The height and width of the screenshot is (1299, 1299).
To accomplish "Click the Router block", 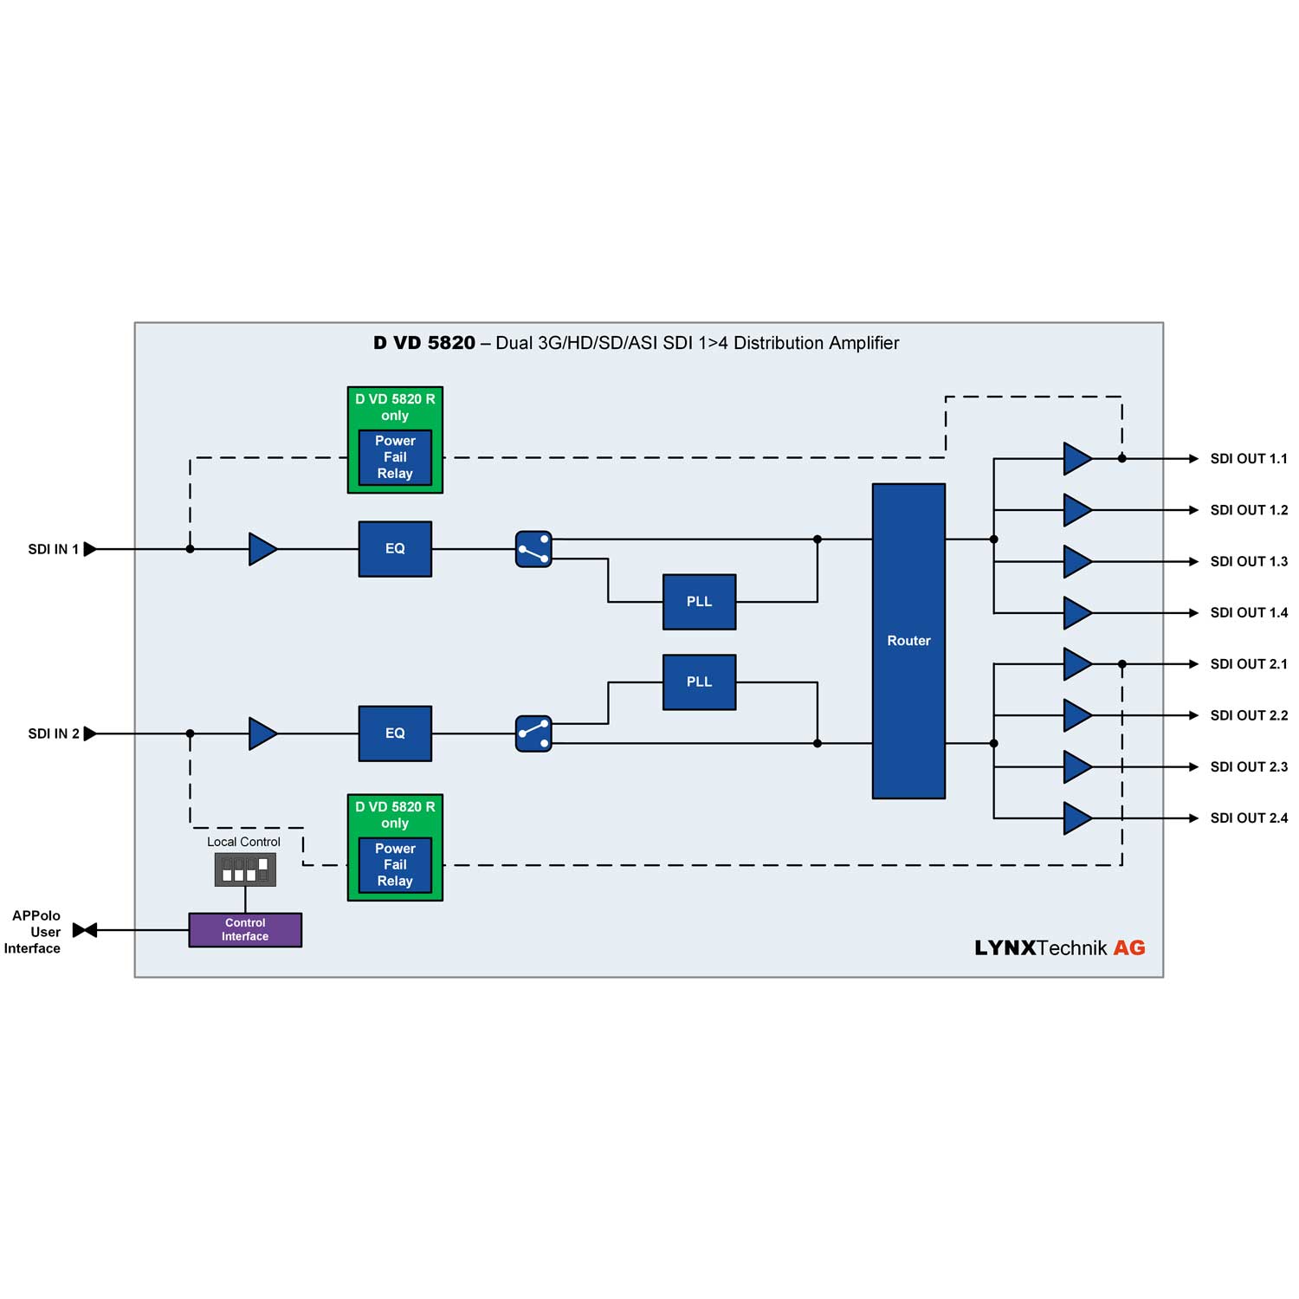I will pos(908,641).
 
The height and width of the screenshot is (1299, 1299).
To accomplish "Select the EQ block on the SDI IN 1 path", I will pos(395,549).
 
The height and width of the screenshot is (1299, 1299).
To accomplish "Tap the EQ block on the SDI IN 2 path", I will pos(395,734).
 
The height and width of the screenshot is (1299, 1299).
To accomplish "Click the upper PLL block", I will pos(699,602).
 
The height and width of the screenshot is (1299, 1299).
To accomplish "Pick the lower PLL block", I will pos(699,682).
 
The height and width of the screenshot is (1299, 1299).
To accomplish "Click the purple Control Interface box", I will pos(245,930).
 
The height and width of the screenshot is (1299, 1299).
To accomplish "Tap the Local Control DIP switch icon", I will pos(245,869).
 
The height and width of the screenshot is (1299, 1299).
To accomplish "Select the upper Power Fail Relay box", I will pos(395,457).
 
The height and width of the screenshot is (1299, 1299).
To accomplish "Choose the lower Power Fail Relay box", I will pos(395,865).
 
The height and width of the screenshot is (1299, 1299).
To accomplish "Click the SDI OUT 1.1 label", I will pos(1249,459).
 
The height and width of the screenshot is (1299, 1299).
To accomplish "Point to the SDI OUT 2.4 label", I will pos(1249,818).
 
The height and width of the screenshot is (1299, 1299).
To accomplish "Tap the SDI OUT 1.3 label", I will pos(1249,562).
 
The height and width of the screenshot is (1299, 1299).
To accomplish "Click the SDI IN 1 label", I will pos(53,550).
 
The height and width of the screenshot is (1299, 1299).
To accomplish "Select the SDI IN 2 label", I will pos(53,734).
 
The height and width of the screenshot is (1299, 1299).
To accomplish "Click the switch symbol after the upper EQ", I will pos(533,549).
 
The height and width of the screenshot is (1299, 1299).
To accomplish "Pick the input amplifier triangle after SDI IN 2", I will pos(262,734).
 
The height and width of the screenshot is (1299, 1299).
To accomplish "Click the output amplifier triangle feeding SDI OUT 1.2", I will pos(1076,510).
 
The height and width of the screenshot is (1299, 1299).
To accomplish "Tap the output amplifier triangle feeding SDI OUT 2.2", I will pos(1076,715).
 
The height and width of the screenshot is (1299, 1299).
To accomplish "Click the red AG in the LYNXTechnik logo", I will pos(1129,948).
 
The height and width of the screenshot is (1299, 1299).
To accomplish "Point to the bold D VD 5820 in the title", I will pos(424,343).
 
